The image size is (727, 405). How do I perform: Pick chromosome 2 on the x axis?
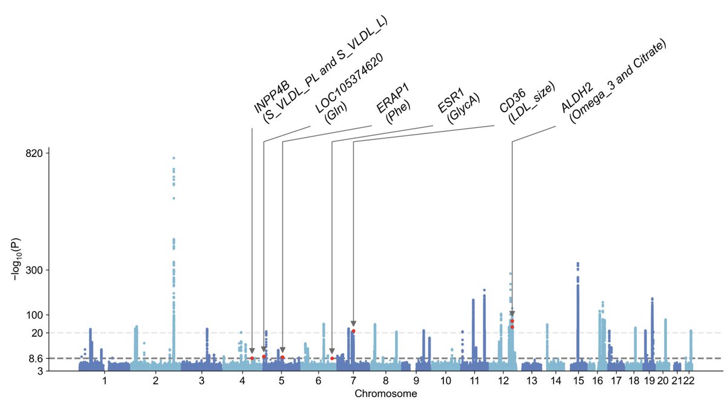coord(156,381)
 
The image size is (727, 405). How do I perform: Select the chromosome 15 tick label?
coord(578,381)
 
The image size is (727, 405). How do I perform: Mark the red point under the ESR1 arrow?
coord(332,358)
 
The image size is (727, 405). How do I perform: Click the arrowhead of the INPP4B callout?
coord(252,350)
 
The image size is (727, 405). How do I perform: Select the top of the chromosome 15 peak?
coord(577,264)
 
